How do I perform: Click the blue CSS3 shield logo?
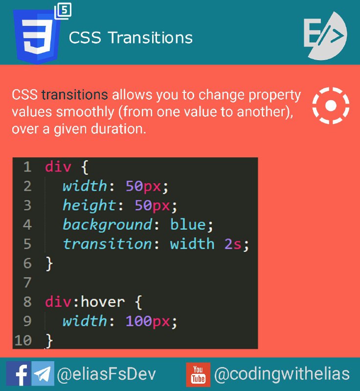pyautogui.click(x=37, y=36)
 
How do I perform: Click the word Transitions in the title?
pyautogui.click(x=151, y=38)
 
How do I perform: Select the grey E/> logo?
pyautogui.click(x=325, y=35)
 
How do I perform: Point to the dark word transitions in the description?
pyautogui.click(x=75, y=95)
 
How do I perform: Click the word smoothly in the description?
pyautogui.click(x=85, y=112)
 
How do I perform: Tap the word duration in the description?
pyautogui.click(x=118, y=129)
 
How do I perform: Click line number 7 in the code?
pyautogui.click(x=27, y=282)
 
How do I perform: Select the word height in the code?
pyautogui.click(x=89, y=205)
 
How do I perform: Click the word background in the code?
pyautogui.click(x=107, y=225)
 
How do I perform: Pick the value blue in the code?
pyautogui.click(x=188, y=224)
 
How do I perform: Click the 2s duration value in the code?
pyautogui.click(x=233, y=244)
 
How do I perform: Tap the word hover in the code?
pyautogui.click(x=103, y=302)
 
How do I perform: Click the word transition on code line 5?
pyautogui.click(x=107, y=244)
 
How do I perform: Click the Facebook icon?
pyautogui.click(x=19, y=373)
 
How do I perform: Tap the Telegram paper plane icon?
pyautogui.click(x=43, y=373)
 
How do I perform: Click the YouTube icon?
pyautogui.click(x=198, y=374)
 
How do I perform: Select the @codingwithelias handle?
pyautogui.click(x=282, y=374)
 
